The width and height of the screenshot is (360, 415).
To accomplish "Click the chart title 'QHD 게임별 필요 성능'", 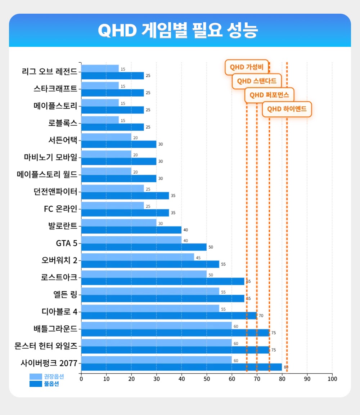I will (x=178, y=31).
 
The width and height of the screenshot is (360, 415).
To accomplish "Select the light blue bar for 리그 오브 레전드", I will (x=100, y=68).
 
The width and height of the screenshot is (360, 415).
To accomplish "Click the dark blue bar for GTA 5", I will (x=144, y=247).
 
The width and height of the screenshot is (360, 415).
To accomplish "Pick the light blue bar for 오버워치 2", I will (x=138, y=257).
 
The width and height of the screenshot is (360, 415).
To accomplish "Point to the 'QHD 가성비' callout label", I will (x=247, y=67).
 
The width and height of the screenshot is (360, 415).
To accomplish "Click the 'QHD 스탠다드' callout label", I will (x=257, y=81).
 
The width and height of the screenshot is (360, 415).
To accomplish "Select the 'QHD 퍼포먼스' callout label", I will (x=269, y=95).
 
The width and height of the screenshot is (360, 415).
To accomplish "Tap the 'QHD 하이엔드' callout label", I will (x=287, y=109).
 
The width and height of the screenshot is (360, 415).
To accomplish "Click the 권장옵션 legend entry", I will (x=47, y=376).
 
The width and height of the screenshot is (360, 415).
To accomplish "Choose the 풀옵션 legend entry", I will (x=47, y=384).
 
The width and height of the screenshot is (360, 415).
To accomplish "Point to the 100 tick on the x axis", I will (x=332, y=379).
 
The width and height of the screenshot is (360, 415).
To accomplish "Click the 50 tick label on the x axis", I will (x=207, y=379).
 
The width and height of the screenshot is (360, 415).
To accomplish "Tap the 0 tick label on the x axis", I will (x=81, y=379).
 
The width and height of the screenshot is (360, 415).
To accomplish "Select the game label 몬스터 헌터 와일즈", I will (x=46, y=346).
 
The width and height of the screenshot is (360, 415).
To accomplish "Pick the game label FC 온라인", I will (x=60, y=209).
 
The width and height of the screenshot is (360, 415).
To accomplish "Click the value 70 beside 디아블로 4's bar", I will (x=261, y=316).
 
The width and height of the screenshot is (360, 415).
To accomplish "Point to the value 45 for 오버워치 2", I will (x=198, y=257).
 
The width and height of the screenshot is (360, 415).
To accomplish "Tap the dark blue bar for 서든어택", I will (x=118, y=144).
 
